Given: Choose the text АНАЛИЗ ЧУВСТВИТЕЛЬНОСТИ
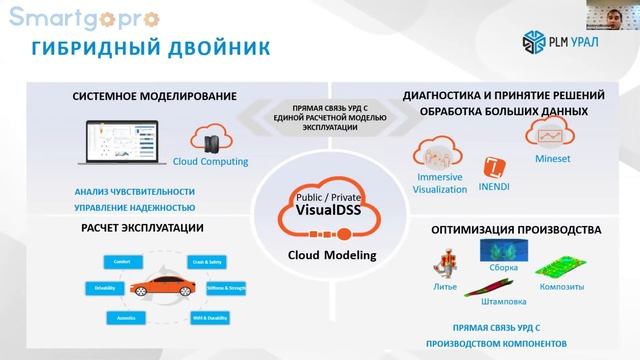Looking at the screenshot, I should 134,191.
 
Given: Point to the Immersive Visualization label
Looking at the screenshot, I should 440,183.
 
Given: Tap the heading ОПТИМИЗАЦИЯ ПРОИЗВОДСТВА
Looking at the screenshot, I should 515,230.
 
